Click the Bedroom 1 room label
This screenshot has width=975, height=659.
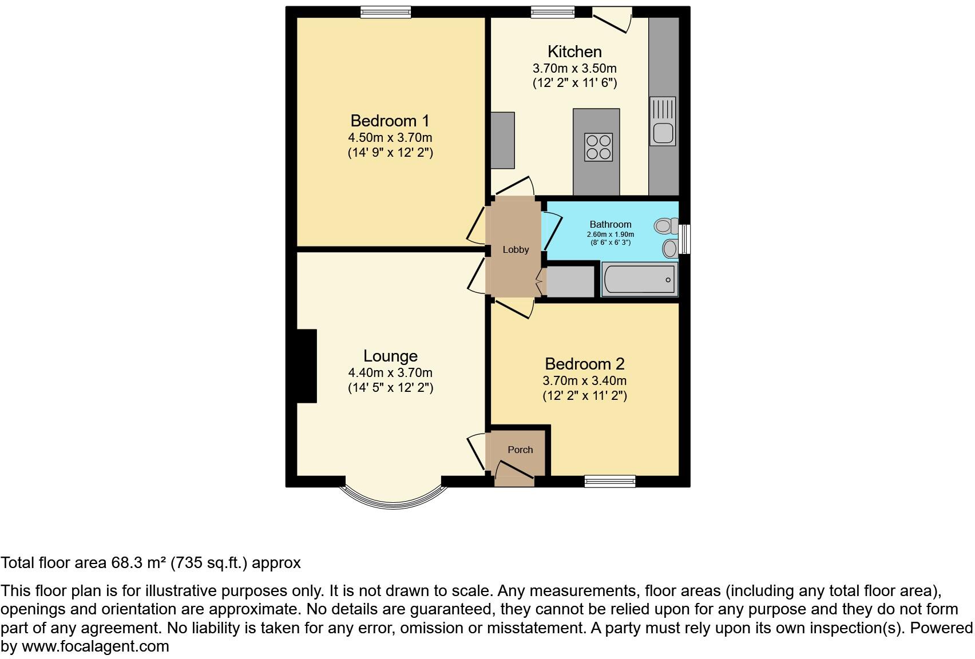coord(390,121)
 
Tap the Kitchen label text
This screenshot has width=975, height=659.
coord(574,51)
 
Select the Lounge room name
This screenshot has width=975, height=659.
coord(390,356)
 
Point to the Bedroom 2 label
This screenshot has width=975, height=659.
coord(584,364)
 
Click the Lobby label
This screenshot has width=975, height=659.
coord(516,249)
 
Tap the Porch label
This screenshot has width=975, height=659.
coord(520,450)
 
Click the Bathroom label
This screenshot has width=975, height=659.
coord(611,224)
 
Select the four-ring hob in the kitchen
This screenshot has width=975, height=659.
coord(599,146)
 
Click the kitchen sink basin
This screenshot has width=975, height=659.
coord(663,133)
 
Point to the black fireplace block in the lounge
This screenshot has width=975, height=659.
coord(306,366)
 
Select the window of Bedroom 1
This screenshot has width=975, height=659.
coord(386,11)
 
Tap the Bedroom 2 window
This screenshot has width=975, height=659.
coord(610,481)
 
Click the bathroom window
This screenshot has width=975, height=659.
coord(684,239)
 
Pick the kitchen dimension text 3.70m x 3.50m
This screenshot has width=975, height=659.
coord(574,68)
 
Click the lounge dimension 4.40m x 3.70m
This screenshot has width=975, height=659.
coord(390,373)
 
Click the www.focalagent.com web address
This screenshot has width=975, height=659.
coord(96,646)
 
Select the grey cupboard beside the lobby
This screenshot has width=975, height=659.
coord(570,281)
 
